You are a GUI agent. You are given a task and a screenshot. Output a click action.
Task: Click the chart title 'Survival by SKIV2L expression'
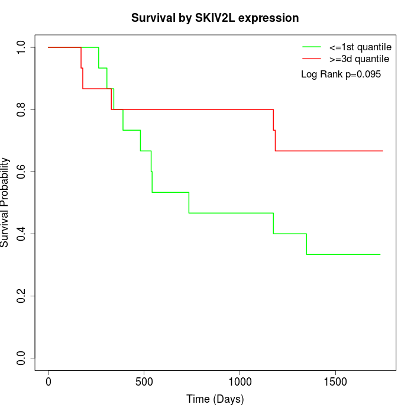tap(215, 18)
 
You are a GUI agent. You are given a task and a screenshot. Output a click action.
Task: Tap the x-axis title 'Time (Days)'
tap(215, 399)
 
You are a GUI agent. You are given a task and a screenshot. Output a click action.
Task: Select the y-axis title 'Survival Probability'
tap(5, 202)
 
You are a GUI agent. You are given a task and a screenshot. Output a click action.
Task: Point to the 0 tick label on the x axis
tap(48, 380)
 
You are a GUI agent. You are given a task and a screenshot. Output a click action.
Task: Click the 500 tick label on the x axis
tap(144, 380)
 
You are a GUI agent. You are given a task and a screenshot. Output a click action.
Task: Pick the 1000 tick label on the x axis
tap(240, 380)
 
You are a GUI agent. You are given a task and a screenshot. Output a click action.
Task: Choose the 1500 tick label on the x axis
tap(336, 380)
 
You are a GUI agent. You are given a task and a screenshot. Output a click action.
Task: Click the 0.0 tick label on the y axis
tap(21, 358)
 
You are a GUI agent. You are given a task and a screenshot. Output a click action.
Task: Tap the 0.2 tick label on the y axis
tap(21, 296)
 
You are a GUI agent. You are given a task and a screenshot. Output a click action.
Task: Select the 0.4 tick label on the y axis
tap(21, 234)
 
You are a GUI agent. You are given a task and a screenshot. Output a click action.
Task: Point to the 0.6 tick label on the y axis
tap(21, 172)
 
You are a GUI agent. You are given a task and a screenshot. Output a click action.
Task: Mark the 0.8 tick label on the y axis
tap(21, 109)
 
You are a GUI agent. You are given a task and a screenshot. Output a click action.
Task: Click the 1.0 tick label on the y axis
tap(21, 47)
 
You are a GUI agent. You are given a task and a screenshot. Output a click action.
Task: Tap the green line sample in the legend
tap(312, 47)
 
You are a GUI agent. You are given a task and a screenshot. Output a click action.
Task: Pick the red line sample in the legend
tap(312, 59)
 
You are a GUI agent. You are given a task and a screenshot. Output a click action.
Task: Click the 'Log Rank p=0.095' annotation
tap(341, 75)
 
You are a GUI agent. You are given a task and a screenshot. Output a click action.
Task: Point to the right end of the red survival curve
tap(383, 151)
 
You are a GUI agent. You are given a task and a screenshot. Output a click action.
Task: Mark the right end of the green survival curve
tap(380, 254)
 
